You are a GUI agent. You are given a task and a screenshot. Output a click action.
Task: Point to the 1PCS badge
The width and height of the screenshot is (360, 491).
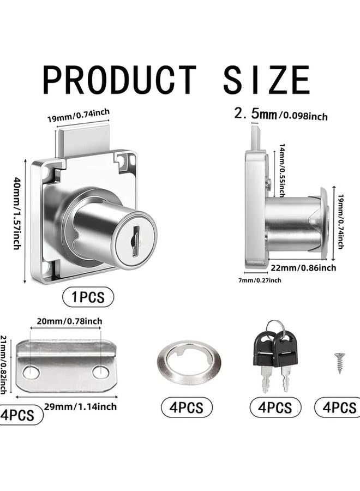[88, 297]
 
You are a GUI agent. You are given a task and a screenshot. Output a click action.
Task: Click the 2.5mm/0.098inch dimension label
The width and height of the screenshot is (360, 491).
[280, 115]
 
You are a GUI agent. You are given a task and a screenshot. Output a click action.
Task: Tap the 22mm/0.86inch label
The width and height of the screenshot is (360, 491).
[304, 267]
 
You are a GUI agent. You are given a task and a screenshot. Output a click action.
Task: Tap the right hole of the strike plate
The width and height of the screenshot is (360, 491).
[100, 372]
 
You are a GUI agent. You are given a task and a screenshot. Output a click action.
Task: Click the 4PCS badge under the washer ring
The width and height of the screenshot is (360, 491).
[187, 408]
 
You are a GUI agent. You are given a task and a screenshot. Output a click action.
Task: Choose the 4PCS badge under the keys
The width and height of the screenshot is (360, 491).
[275, 408]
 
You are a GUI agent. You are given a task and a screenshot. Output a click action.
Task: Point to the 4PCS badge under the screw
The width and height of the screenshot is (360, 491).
[338, 408]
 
